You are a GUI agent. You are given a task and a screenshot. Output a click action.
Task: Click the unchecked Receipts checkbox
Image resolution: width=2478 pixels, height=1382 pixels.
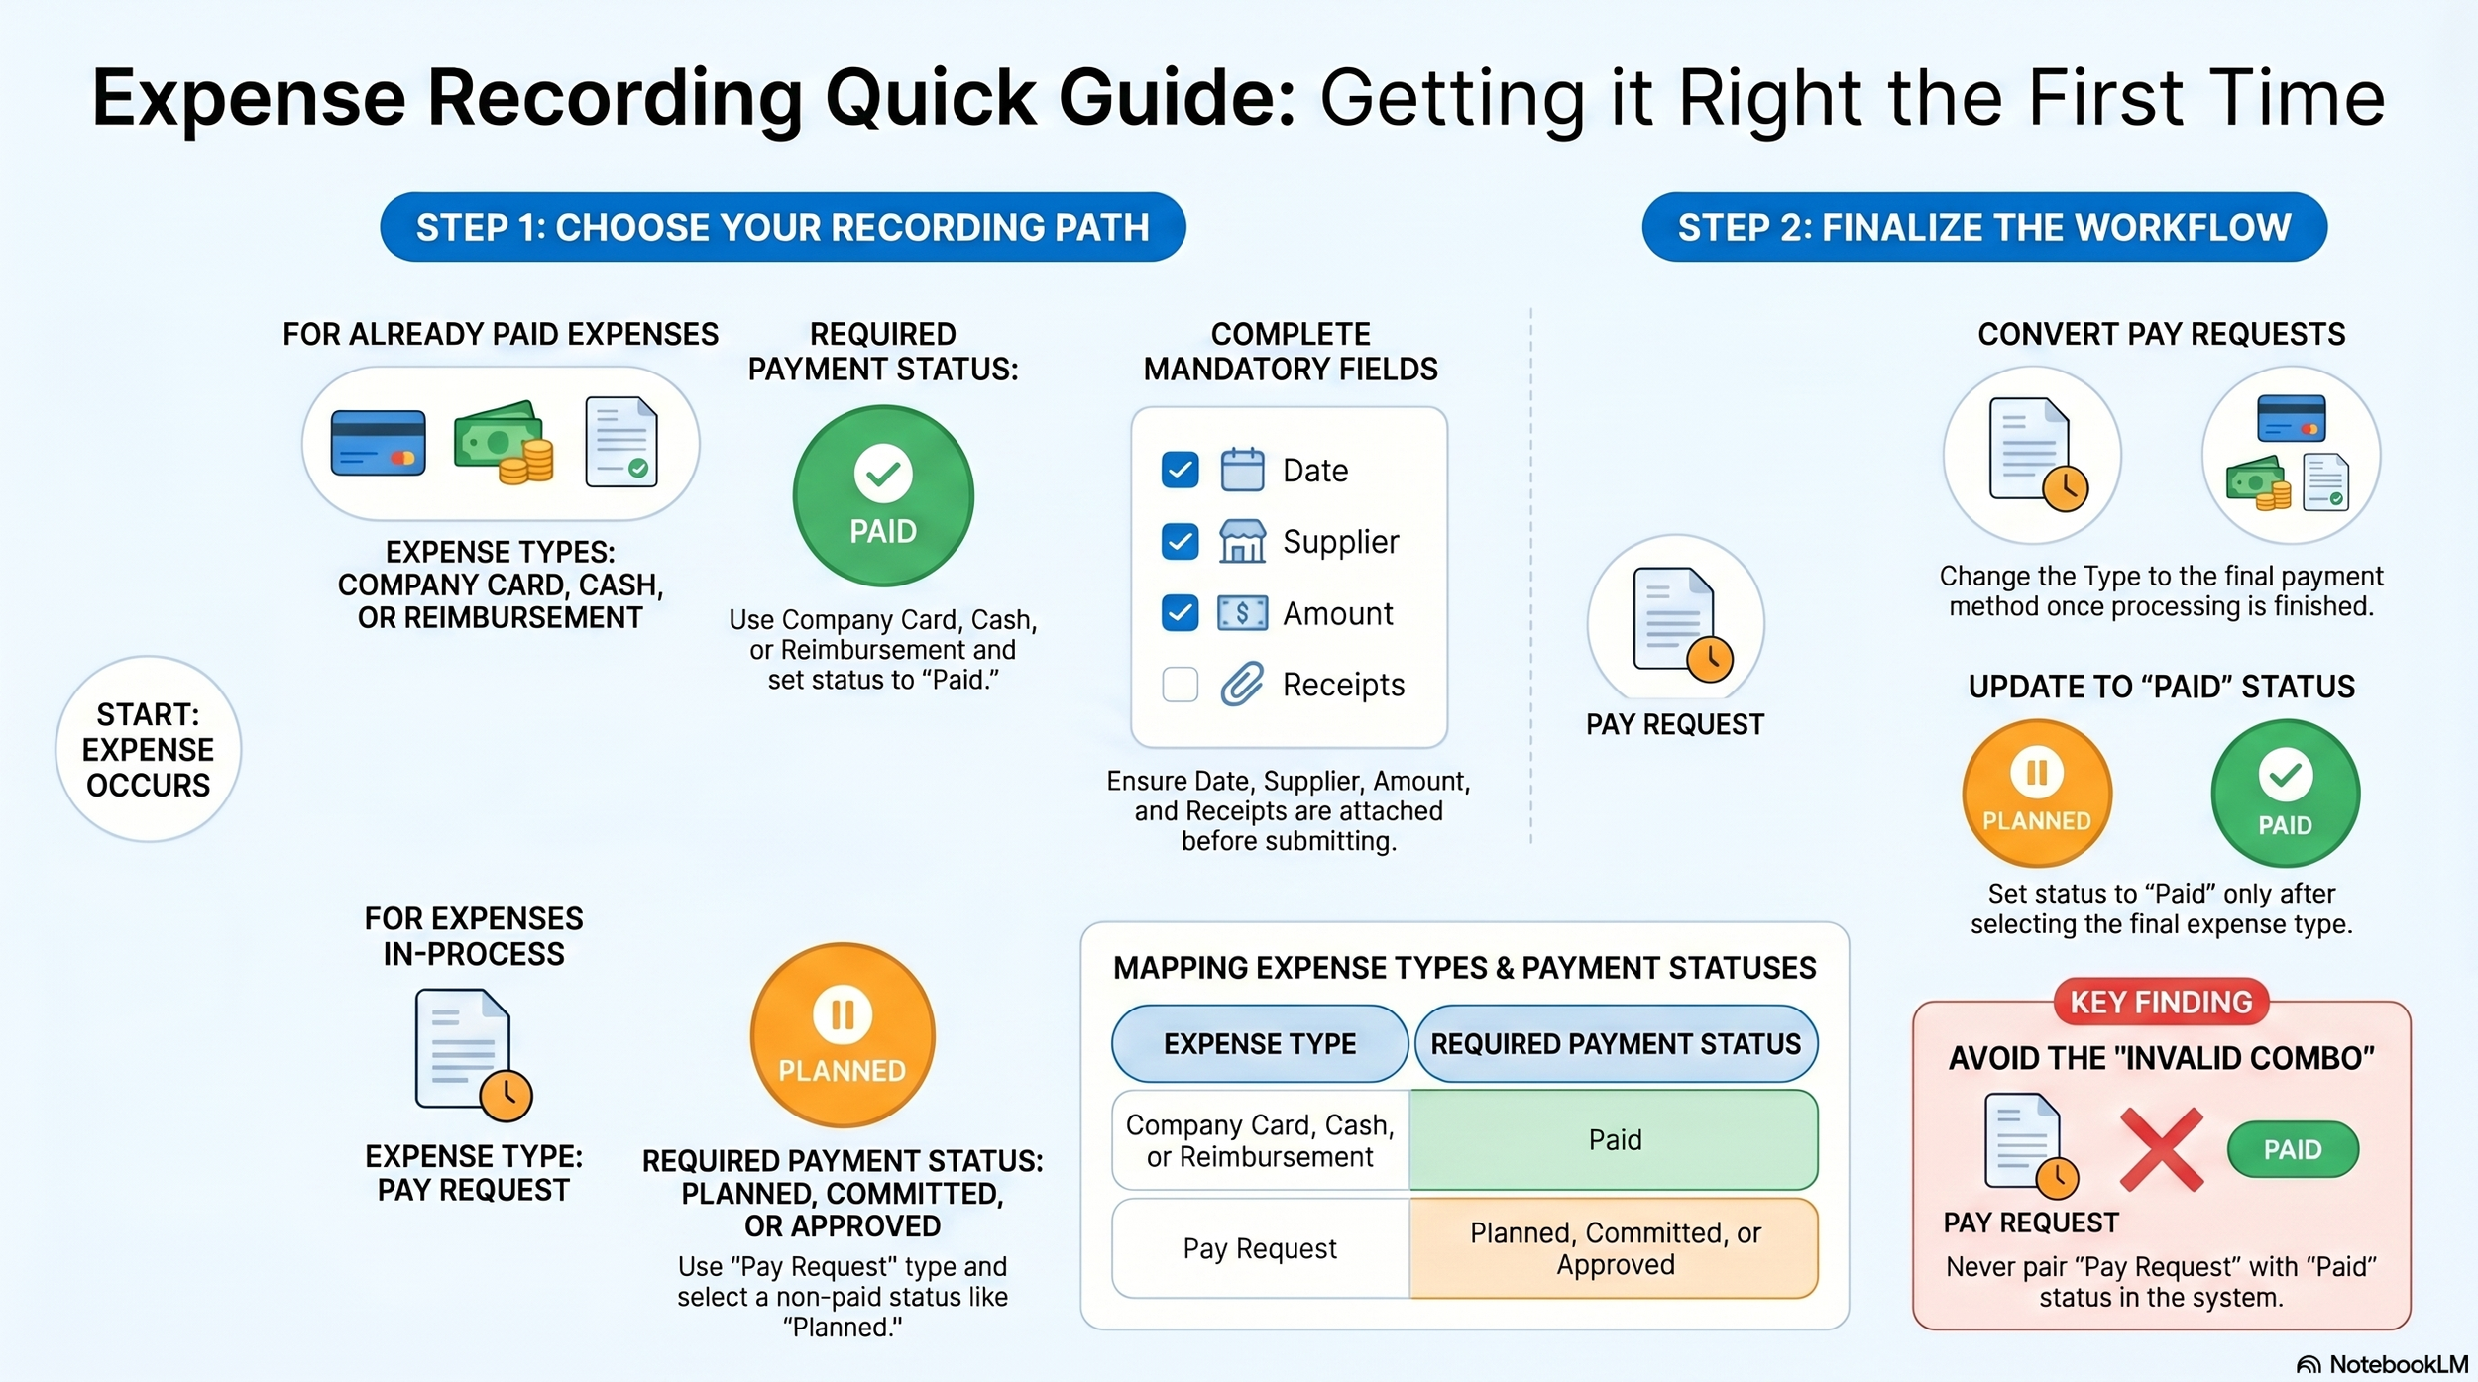(1180, 685)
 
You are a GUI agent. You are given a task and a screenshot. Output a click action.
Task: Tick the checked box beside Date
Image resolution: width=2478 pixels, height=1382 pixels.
(1180, 471)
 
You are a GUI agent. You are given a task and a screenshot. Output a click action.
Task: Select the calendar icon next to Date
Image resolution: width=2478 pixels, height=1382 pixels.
(1242, 470)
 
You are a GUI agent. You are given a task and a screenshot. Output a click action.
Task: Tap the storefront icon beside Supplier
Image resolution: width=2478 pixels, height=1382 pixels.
(1242, 542)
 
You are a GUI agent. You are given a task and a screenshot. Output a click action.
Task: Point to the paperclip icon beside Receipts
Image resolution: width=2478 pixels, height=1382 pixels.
(1242, 684)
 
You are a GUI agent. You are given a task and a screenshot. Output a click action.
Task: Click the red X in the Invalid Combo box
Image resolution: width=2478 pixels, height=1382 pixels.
(2162, 1149)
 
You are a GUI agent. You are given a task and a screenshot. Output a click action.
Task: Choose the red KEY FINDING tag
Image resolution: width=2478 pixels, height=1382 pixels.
(2161, 1003)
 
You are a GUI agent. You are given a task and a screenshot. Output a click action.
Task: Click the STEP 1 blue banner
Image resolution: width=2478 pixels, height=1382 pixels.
(782, 227)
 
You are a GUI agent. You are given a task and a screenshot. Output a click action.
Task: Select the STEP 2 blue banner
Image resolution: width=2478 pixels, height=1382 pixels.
(1984, 227)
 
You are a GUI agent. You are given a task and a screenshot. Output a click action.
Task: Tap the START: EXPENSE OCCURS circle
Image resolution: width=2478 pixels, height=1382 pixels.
(148, 749)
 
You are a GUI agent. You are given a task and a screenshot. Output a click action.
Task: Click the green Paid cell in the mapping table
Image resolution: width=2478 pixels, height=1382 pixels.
(1614, 1140)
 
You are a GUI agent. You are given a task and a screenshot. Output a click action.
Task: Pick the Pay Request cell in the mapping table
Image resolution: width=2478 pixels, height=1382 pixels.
(1260, 1248)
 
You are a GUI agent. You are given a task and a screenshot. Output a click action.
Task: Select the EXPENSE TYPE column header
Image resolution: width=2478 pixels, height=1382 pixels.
(1260, 1044)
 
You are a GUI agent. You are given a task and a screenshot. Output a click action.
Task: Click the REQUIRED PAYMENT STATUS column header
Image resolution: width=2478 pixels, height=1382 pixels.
(1616, 1044)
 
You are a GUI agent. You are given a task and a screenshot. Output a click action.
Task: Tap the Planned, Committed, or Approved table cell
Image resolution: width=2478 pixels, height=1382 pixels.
(1614, 1248)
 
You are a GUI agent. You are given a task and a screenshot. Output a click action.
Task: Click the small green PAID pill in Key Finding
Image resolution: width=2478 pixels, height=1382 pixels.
(2293, 1149)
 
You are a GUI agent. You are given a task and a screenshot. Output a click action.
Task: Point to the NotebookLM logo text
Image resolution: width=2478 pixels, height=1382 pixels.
(2397, 1364)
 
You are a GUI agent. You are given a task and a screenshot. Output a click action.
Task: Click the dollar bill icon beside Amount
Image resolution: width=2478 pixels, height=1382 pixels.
(1242, 613)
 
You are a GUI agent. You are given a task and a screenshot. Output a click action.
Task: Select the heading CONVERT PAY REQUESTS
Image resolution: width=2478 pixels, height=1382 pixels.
(2161, 334)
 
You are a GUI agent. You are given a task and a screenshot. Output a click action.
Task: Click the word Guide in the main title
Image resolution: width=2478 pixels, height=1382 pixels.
(1177, 98)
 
